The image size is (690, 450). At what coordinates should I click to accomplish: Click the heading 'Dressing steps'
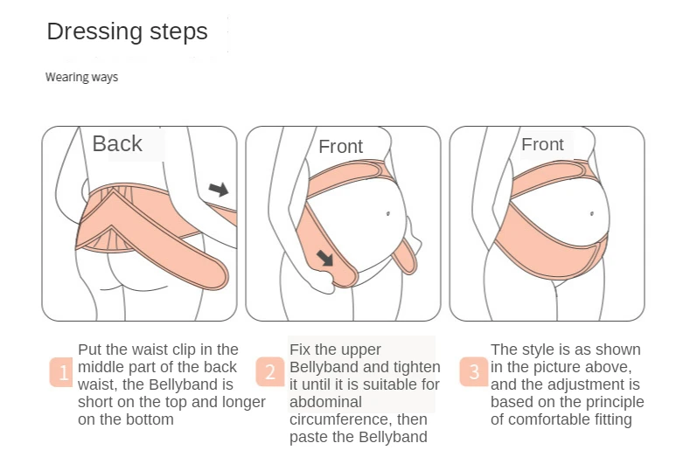[x=127, y=32]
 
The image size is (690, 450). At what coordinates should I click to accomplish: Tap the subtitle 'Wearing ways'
[x=82, y=78]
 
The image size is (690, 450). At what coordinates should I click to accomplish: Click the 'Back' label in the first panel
[x=117, y=143]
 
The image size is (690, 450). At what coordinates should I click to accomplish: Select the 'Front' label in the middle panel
[x=340, y=147]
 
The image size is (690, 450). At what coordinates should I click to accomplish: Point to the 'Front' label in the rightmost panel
[x=542, y=144]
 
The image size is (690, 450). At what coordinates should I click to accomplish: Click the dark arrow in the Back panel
[x=219, y=189]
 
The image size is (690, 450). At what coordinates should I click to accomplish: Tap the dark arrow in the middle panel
[x=325, y=259]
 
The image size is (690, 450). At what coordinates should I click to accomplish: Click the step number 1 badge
[x=61, y=372]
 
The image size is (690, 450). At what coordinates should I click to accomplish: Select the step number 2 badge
[x=270, y=372]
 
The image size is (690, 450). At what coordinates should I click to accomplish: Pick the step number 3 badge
[x=474, y=372]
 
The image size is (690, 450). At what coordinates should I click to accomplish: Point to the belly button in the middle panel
[x=388, y=214]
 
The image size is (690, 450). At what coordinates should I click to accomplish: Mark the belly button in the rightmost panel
[x=592, y=214]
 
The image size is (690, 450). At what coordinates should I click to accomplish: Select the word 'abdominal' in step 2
[x=325, y=402]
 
